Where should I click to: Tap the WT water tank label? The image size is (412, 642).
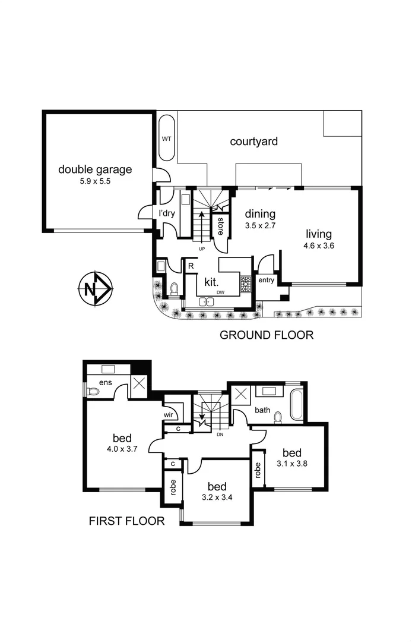point(167,139)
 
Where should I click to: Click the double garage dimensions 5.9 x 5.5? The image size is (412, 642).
point(95,182)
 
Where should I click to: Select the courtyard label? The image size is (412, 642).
point(254,141)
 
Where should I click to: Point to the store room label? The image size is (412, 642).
point(220,225)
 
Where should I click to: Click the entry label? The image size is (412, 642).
point(266,279)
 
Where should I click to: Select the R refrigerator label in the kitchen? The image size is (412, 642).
point(191,266)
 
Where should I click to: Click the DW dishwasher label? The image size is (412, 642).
point(220,292)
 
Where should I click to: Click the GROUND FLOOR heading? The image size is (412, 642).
point(267,335)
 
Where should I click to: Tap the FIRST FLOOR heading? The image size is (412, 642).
point(126,521)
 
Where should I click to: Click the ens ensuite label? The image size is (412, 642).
point(106,382)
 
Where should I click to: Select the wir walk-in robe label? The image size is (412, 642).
point(168,416)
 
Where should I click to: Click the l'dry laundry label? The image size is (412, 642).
point(166,213)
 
